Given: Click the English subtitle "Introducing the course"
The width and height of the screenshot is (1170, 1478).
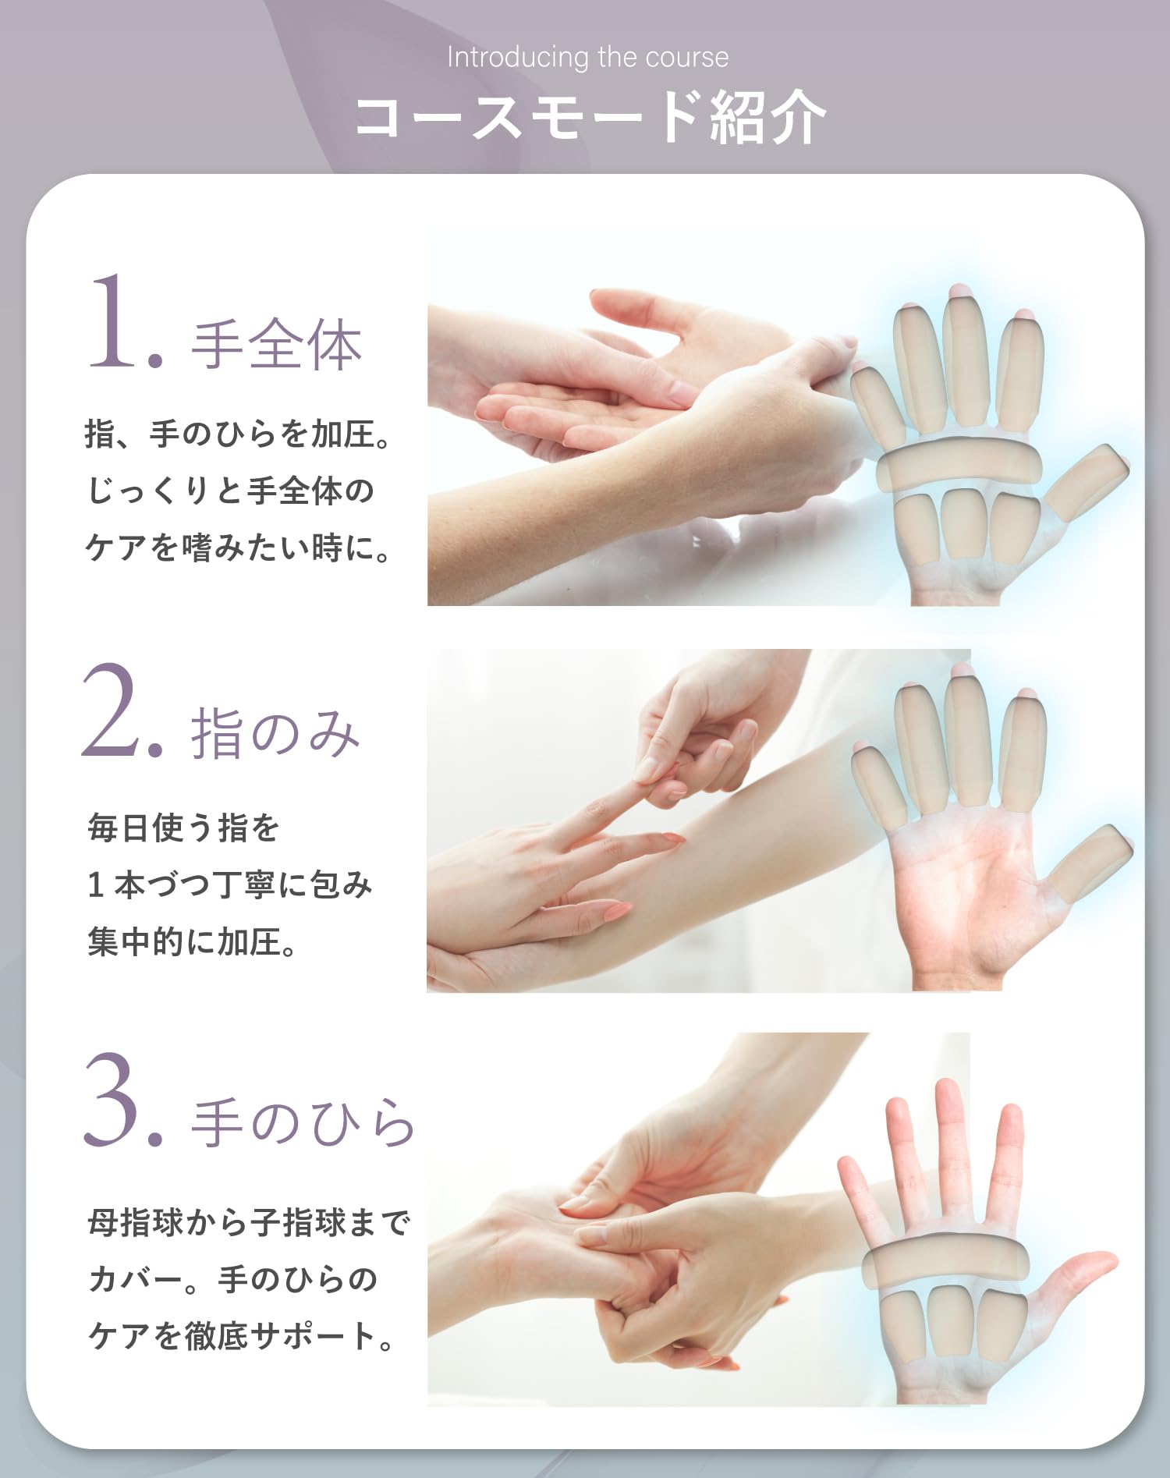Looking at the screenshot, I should click(x=587, y=58).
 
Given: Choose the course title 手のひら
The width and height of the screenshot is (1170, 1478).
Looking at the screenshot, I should click(x=303, y=1122).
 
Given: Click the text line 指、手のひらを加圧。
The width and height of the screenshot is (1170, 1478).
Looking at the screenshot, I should click(x=238, y=434).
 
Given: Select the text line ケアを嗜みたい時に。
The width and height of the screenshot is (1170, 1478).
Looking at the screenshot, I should click(x=238, y=548).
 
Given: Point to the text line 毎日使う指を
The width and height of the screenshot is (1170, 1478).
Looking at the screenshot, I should click(x=183, y=828).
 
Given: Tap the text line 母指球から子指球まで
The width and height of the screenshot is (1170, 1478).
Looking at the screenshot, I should click(x=248, y=1222).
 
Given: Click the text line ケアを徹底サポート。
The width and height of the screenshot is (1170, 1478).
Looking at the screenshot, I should click(x=242, y=1336).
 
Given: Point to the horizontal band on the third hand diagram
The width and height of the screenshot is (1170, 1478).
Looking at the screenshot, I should click(x=945, y=1262).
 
